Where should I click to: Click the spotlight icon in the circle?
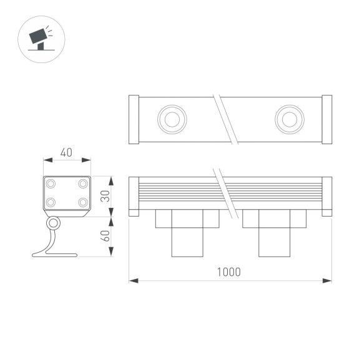tap(41, 38)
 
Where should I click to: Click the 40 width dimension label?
tap(67, 152)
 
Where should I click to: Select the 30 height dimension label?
tap(105, 196)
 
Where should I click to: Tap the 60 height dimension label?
tap(105, 237)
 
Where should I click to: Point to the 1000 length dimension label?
tap(228, 272)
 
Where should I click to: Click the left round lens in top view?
tap(170, 119)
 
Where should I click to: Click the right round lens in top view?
tap(289, 119)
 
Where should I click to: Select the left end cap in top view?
tap(134, 119)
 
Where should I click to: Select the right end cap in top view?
tap(327, 119)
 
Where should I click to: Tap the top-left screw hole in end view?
tap(51, 184)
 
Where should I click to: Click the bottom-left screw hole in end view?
tap(51, 202)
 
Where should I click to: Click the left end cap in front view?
tap(134, 197)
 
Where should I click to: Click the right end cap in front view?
tap(327, 197)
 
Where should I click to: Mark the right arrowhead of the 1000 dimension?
tap(329, 281)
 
